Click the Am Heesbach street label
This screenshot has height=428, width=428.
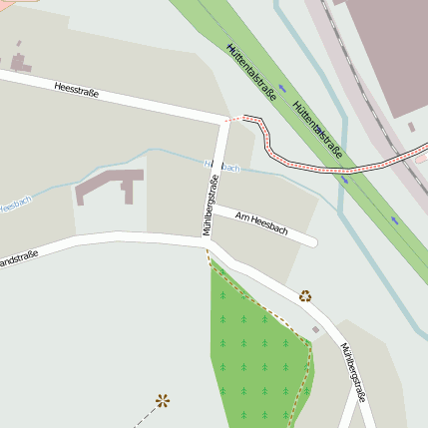[x=261, y=223]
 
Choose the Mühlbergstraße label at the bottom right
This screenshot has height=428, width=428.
[x=353, y=372]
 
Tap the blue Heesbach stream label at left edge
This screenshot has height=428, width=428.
[x=14, y=205]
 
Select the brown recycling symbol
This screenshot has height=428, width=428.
[x=305, y=294]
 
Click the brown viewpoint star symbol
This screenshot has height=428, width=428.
[x=163, y=401]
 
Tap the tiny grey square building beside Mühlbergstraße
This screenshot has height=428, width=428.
[x=316, y=329]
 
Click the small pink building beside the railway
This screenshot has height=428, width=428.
[x=411, y=128]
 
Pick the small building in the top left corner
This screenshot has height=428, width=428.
[x=20, y=64]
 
